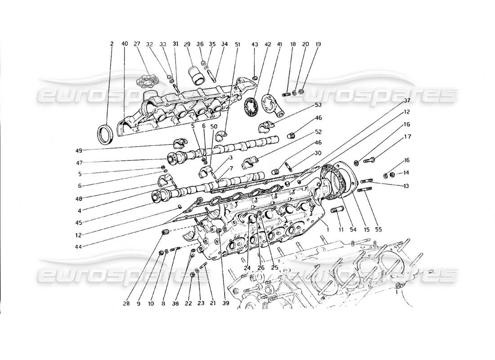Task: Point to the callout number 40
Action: pyautogui.click(x=125, y=44)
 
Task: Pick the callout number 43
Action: pyautogui.click(x=255, y=44)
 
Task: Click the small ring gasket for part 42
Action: pyautogui.click(x=249, y=108)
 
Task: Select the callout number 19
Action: pyautogui.click(x=318, y=44)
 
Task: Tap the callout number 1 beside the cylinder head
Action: pyautogui.click(x=328, y=229)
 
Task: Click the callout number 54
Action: pyautogui.click(x=353, y=229)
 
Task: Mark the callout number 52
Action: pyautogui.click(x=318, y=132)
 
